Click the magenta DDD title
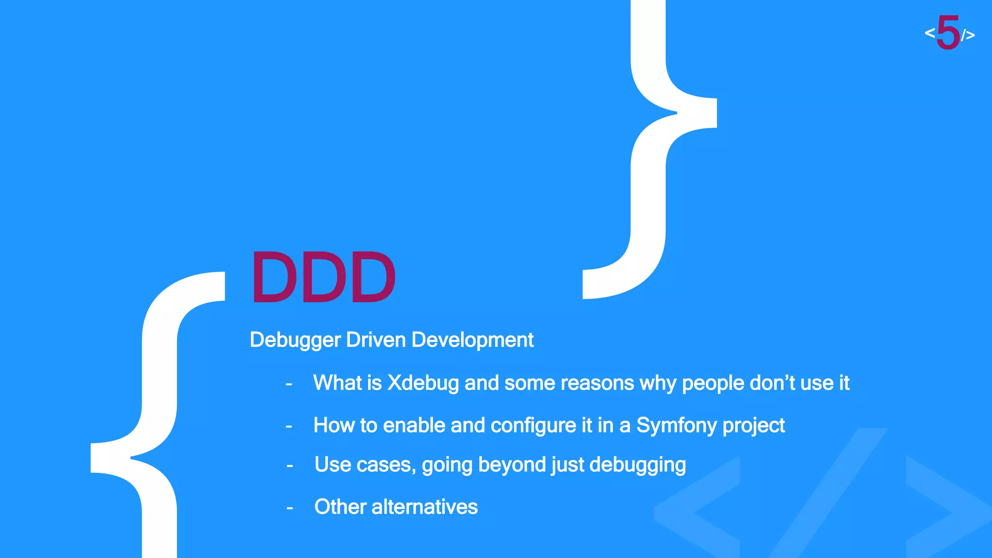[x=323, y=278]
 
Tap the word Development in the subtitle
[x=472, y=340]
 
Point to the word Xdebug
[x=423, y=383]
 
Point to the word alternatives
[x=424, y=507]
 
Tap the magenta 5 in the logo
[x=948, y=32]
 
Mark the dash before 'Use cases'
[x=290, y=466]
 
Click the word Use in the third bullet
[x=333, y=465]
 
